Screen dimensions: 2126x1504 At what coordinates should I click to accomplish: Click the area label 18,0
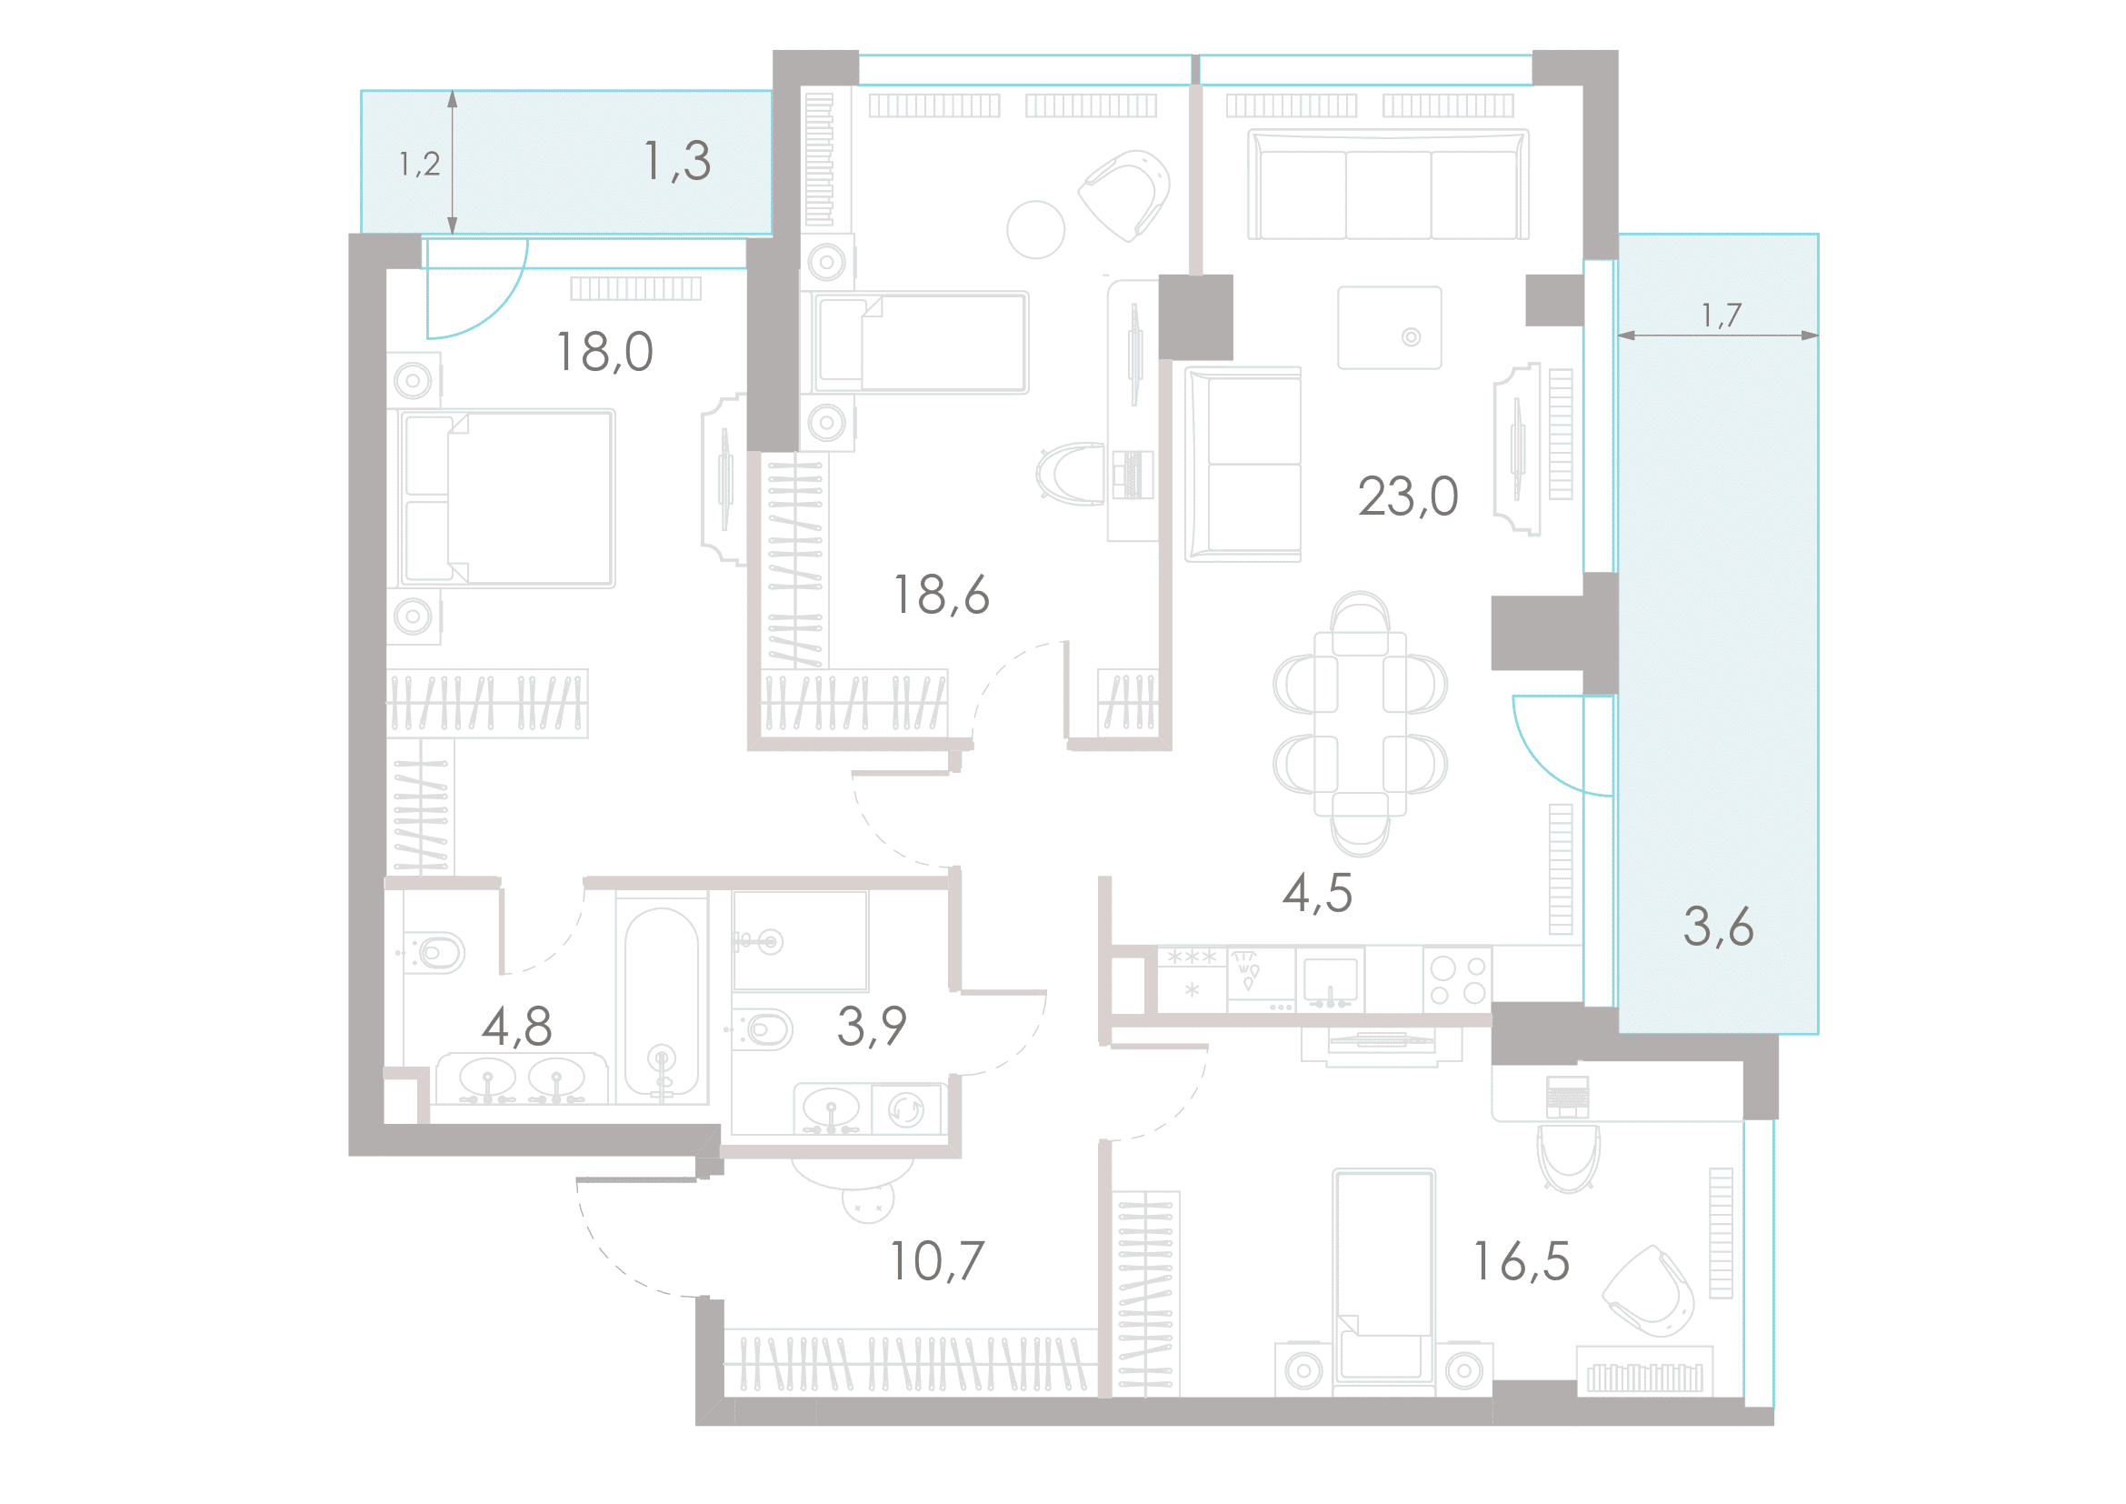(x=604, y=353)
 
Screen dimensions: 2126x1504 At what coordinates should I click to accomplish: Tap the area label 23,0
(x=1407, y=496)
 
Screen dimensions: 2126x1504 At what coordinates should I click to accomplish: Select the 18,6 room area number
(x=941, y=595)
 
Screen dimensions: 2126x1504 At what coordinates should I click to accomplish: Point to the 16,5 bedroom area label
(x=1522, y=1261)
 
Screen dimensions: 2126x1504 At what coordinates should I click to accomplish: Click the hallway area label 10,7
(x=937, y=1261)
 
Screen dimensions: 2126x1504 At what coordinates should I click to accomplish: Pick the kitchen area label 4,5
(x=1317, y=894)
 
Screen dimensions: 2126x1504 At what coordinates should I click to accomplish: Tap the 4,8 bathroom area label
(x=516, y=1027)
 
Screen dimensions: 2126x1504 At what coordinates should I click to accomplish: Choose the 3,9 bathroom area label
(x=872, y=1026)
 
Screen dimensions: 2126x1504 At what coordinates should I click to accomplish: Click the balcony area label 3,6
(x=1718, y=927)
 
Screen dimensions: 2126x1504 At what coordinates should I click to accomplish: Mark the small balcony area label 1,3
(x=677, y=161)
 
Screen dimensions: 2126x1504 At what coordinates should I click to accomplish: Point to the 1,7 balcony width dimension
(x=1722, y=316)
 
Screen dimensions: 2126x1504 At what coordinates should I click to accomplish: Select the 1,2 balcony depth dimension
(x=419, y=165)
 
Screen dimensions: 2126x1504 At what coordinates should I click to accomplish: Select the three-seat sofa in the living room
(x=1388, y=185)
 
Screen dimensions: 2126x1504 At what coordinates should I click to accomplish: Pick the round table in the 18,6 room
(x=1036, y=230)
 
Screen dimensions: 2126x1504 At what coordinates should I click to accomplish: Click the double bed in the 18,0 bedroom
(x=506, y=498)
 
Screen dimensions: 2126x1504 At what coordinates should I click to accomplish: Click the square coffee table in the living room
(x=1389, y=328)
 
